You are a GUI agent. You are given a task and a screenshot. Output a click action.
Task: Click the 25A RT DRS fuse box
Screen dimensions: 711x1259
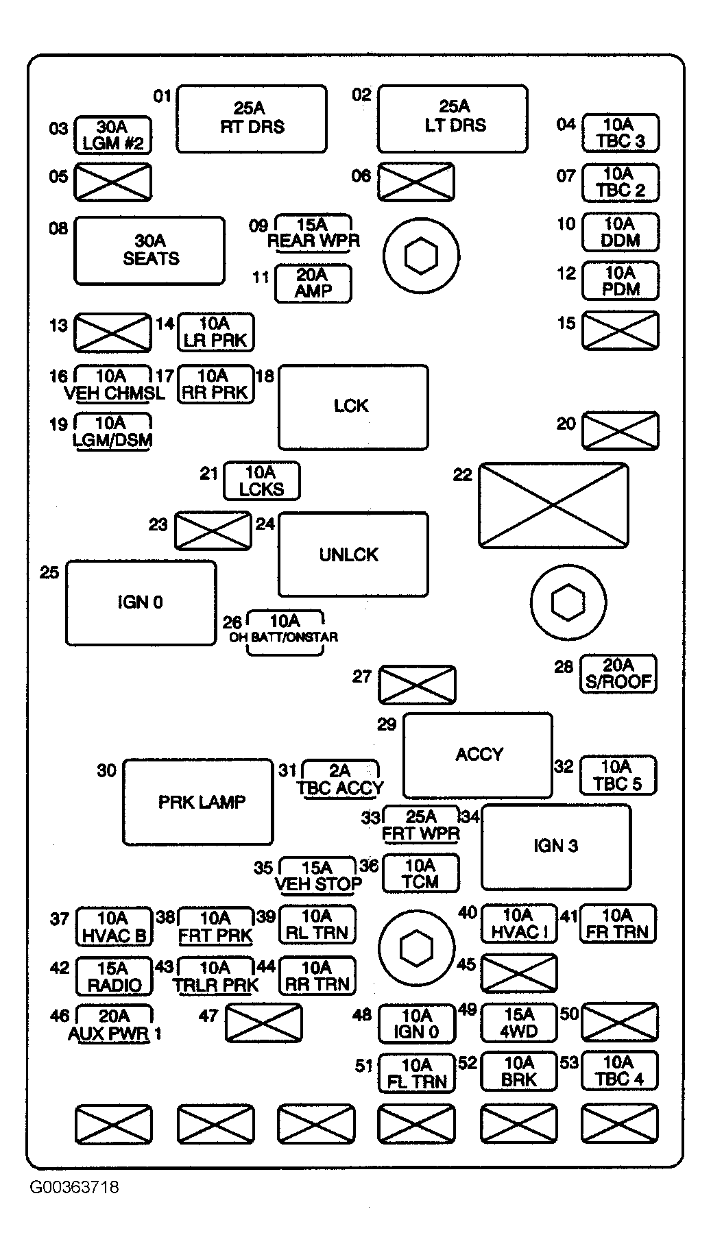(252, 117)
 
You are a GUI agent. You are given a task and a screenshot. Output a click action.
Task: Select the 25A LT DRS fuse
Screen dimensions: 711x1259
(453, 117)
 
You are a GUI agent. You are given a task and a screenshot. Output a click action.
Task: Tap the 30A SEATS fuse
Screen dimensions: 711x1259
(149, 250)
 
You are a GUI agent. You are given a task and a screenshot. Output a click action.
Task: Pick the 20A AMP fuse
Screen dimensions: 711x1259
(313, 283)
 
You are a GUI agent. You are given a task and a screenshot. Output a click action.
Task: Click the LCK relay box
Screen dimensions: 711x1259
(353, 407)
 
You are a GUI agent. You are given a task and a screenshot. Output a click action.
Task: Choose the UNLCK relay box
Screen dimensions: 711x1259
(353, 554)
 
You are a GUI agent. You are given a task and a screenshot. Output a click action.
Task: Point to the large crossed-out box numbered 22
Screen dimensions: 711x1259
(553, 505)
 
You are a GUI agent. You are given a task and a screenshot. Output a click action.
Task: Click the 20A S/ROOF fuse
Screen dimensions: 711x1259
(618, 674)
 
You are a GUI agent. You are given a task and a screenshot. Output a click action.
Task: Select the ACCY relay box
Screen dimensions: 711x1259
(478, 755)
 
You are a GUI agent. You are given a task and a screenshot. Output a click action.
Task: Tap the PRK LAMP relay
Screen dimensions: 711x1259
(198, 801)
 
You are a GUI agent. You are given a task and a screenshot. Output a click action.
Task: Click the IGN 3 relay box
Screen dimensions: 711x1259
(556, 846)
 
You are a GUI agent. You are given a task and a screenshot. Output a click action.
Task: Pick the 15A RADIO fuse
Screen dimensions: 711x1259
(113, 976)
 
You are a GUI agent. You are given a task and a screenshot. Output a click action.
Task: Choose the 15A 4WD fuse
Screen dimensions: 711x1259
(519, 1023)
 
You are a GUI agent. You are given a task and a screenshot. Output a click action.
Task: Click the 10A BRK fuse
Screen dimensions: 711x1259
(519, 1071)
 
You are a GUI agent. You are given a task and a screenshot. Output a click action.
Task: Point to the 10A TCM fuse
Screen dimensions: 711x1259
(420, 874)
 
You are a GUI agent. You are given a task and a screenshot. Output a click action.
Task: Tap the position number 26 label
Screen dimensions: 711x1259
(232, 622)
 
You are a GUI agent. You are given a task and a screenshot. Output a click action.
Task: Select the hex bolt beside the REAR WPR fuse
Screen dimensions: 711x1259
(421, 256)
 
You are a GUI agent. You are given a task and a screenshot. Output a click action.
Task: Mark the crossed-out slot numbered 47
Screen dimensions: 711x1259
(264, 1023)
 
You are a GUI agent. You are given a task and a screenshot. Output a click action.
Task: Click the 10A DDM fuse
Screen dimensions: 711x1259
(620, 232)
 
